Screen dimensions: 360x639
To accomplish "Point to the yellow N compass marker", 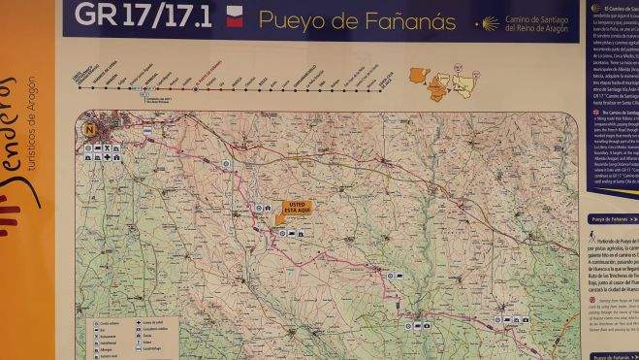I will coord(90,128).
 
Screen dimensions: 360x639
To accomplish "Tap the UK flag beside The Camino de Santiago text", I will coord(594,113).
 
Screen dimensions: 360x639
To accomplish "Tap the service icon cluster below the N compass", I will coord(101,152).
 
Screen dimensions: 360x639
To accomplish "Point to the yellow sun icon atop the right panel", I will coord(595,8).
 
